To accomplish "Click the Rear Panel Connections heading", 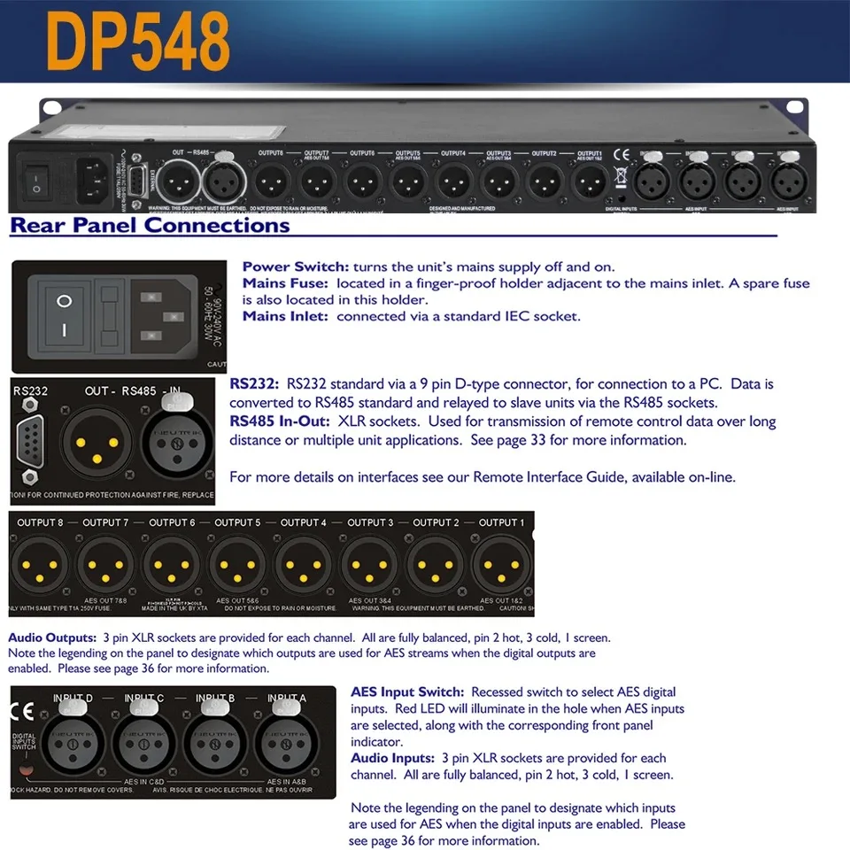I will tap(150, 225).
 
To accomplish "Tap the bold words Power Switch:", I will tap(296, 267).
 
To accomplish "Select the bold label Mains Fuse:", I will tap(285, 283).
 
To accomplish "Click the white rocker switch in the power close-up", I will tap(63, 316).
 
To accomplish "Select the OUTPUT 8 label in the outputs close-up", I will tap(41, 522).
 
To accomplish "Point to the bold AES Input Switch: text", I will tap(406, 692).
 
